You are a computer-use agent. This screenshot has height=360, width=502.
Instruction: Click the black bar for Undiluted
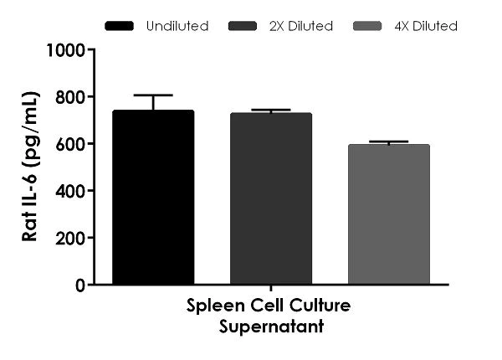[x=153, y=198]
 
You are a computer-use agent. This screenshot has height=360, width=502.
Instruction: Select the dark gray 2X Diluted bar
[x=271, y=199]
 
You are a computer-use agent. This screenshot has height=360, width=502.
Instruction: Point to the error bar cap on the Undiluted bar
[x=153, y=95]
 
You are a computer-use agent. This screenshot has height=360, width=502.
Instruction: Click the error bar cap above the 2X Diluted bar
[x=271, y=110]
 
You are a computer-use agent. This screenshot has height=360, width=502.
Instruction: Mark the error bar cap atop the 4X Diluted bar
[x=388, y=141]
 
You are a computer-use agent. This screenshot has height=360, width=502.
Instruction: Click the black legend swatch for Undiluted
[x=121, y=26]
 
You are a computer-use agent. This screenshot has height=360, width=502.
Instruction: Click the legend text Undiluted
[x=177, y=26]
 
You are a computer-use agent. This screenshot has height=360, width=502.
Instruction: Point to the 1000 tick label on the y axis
[x=66, y=49]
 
